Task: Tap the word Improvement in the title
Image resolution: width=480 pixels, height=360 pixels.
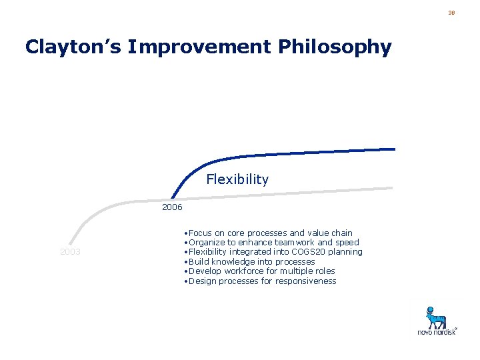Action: [198, 47]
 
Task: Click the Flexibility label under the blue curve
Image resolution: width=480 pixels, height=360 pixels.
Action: [237, 179]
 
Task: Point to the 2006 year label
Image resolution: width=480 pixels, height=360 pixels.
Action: [172, 207]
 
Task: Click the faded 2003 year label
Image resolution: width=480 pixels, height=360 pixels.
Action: [70, 252]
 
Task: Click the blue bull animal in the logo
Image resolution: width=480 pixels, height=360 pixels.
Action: [437, 316]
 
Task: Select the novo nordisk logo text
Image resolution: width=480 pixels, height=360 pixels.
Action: [437, 331]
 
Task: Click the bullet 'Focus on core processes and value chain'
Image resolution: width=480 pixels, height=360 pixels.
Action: [270, 233]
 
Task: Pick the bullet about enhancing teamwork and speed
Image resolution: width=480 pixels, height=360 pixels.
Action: [273, 243]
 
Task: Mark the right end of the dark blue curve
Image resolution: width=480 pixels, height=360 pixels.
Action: [394, 149]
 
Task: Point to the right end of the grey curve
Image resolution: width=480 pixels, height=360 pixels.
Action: [392, 189]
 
